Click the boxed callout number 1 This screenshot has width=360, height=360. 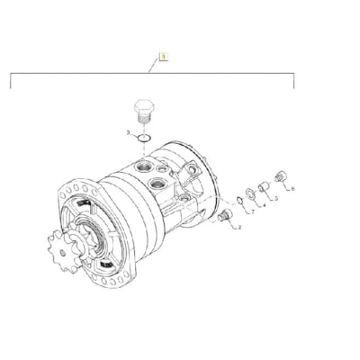[x=163, y=57]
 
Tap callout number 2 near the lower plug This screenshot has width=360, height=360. [x=239, y=229]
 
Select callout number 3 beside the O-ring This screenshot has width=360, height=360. [x=130, y=133]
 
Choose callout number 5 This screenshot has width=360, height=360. [x=274, y=198]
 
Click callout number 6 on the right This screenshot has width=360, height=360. [x=292, y=189]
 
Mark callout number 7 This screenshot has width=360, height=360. [x=252, y=212]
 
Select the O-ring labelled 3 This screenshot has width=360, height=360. [x=147, y=139]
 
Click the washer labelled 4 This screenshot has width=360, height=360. [x=251, y=193]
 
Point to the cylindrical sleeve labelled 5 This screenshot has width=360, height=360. [x=265, y=185]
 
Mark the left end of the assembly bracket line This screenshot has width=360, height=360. [x=11, y=86]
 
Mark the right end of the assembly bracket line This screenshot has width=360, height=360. [x=294, y=86]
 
